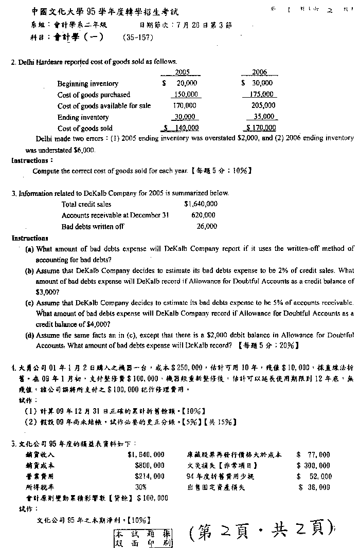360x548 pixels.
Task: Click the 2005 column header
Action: point(183,72)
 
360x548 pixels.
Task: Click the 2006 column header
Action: point(260,72)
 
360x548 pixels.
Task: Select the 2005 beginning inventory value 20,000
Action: point(186,83)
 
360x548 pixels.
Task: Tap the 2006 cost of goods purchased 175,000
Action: point(261,95)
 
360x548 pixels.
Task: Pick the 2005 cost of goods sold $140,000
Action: point(181,128)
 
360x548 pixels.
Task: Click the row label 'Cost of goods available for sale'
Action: point(104,106)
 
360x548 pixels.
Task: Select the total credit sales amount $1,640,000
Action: point(201,204)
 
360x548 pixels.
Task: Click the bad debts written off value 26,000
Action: point(207,226)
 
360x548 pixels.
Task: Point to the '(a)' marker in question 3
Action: point(29,249)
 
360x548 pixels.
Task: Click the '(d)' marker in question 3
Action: point(29,335)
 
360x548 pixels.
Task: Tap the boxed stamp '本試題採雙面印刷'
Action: point(143,538)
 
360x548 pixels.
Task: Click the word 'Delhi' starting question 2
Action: point(27,62)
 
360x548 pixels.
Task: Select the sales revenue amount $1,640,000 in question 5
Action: point(146,454)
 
